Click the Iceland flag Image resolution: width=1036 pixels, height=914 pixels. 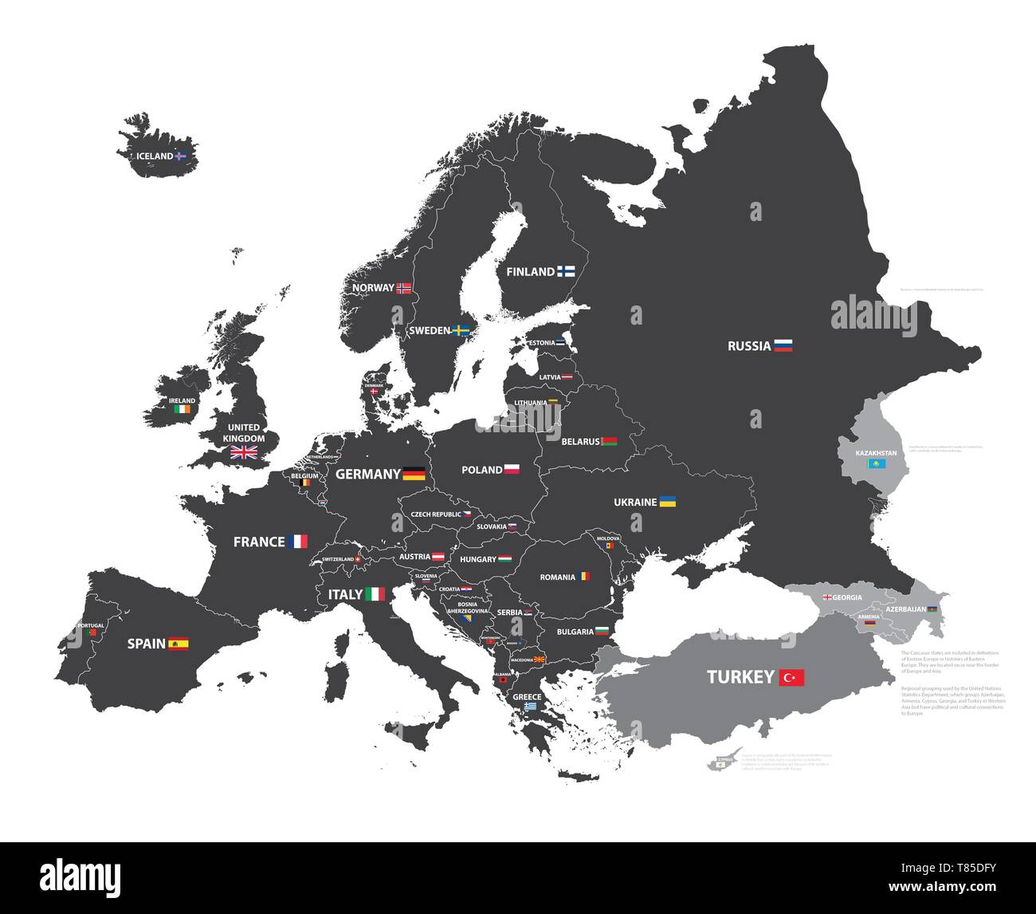(x=180, y=156)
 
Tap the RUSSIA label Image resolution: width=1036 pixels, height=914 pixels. (x=749, y=346)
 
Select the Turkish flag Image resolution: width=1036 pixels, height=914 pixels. (x=792, y=678)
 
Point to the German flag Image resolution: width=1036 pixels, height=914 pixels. (x=414, y=474)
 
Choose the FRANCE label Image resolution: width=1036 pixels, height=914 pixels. (x=259, y=542)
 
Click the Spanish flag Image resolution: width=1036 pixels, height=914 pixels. (x=179, y=644)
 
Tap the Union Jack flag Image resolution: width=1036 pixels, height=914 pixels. (x=244, y=453)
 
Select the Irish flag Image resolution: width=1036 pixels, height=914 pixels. (x=182, y=409)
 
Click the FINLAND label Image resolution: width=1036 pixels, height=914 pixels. (x=530, y=272)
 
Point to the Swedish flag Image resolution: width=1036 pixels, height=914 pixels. (x=461, y=330)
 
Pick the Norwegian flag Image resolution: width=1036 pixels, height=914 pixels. (x=404, y=288)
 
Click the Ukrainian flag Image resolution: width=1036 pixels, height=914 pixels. (x=668, y=502)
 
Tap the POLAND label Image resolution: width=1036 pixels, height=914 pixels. (x=482, y=470)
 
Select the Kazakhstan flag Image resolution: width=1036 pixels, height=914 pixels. (x=877, y=463)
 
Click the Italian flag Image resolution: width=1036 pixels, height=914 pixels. (x=375, y=594)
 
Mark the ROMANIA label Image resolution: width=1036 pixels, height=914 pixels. (x=557, y=577)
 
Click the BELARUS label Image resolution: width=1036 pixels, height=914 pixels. (x=580, y=441)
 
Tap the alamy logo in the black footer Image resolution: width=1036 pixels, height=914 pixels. (x=80, y=877)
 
